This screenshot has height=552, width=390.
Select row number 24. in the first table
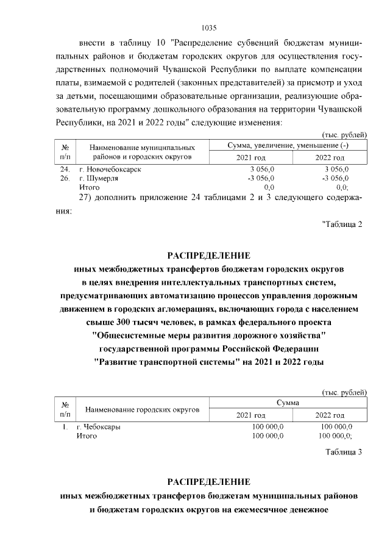[65, 169]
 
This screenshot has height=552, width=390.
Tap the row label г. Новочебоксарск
[110, 169]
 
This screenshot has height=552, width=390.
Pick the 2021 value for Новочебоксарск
[263, 169]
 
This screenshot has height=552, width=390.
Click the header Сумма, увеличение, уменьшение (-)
[288, 146]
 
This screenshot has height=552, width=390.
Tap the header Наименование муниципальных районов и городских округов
[141, 152]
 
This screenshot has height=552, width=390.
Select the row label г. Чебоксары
[98, 427]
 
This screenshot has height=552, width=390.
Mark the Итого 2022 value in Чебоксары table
[336, 436]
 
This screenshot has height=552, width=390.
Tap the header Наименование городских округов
[142, 409]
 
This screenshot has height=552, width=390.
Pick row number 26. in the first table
[65, 178]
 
